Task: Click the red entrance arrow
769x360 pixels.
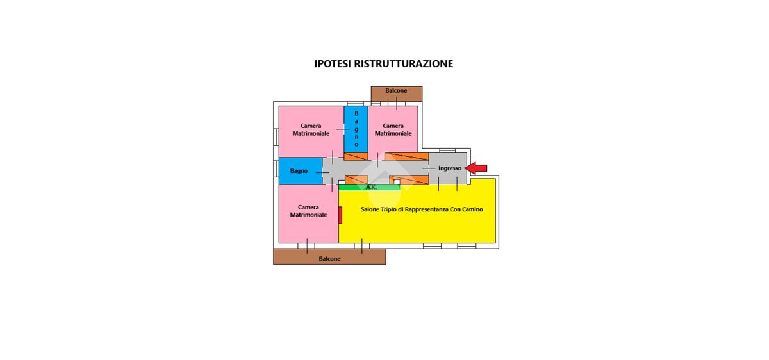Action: tap(475, 168)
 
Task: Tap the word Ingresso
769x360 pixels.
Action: tap(450, 168)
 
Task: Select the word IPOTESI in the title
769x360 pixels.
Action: tap(333, 64)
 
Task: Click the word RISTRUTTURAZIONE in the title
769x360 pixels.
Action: tap(403, 64)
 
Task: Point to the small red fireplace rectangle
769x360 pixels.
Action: tap(340, 215)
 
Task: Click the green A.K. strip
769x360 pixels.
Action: tap(369, 188)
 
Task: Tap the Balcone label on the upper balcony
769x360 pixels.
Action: tap(396, 90)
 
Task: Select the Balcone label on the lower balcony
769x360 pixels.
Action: tap(329, 259)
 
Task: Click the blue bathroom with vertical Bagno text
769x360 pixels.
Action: tap(356, 129)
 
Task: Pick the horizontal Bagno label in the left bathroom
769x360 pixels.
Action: tap(299, 171)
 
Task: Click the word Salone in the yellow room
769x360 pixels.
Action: tap(370, 209)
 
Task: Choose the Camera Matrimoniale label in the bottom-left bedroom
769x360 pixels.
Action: tap(308, 211)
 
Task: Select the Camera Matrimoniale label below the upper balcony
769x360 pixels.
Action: tap(393, 130)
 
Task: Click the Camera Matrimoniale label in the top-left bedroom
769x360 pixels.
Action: tap(311, 130)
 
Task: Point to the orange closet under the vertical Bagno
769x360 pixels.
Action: tap(356, 156)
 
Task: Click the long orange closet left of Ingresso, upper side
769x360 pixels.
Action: tap(406, 156)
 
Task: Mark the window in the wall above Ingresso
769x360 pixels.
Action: tap(447, 151)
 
